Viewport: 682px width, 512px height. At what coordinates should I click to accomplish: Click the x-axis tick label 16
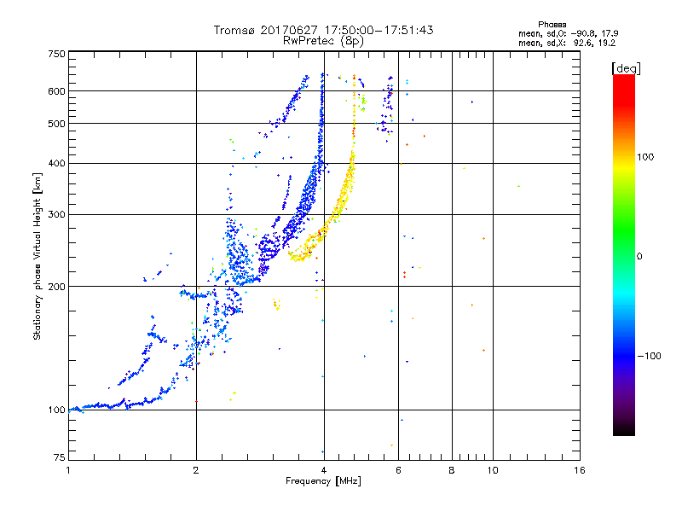[579, 470]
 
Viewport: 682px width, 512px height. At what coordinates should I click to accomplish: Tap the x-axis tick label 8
[452, 470]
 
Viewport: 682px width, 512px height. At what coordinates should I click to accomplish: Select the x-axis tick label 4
[323, 470]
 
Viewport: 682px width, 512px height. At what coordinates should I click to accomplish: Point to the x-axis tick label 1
[68, 470]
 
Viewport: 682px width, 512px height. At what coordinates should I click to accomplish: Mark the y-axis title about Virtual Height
[38, 256]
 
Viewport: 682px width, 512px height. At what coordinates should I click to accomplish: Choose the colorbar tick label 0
[641, 256]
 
